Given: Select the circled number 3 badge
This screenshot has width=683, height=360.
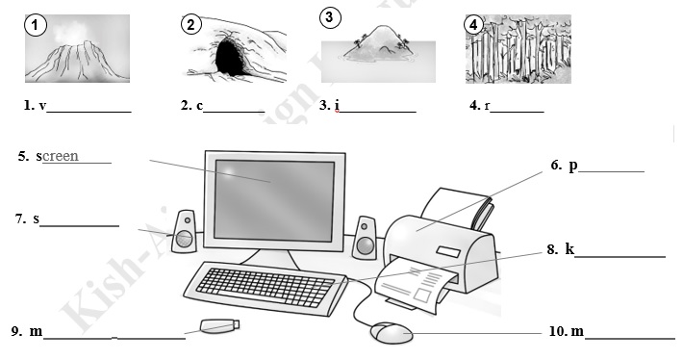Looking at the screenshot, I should click(x=329, y=17).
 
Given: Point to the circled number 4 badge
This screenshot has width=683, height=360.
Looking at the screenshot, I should click(x=472, y=24).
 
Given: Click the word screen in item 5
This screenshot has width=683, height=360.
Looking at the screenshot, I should click(x=60, y=156).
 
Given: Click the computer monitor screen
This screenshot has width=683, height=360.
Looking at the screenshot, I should click(x=274, y=199).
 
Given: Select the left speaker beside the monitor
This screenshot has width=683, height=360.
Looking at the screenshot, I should click(x=184, y=233).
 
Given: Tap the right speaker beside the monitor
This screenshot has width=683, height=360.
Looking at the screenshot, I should click(x=364, y=237).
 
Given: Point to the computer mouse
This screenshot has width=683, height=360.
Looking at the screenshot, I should click(x=392, y=334).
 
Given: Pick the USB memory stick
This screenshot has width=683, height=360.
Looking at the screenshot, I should click(x=218, y=326).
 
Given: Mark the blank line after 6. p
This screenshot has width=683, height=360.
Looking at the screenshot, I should click(x=611, y=171).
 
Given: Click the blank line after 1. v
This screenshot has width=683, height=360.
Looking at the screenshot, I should click(x=89, y=112).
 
